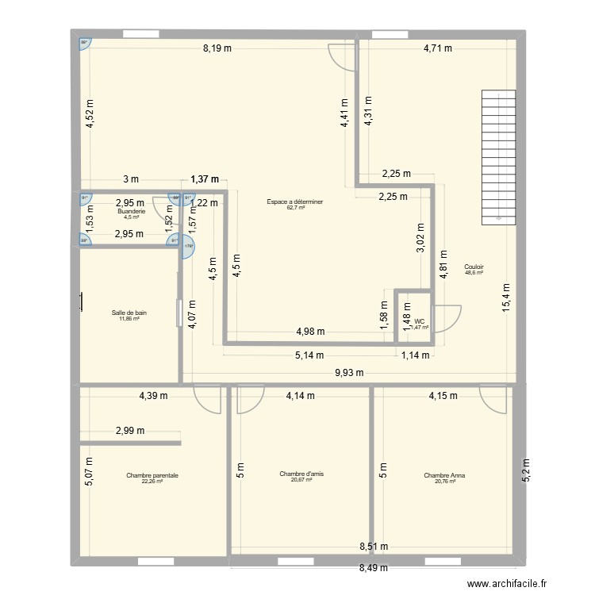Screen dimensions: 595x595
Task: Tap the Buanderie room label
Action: pyautogui.click(x=130, y=212)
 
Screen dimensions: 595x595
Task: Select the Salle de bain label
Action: pyautogui.click(x=129, y=313)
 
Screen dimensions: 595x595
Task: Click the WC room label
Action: pyautogui.click(x=419, y=321)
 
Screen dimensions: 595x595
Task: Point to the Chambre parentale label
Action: pyautogui.click(x=152, y=476)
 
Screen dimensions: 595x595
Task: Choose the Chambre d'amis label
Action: pyautogui.click(x=301, y=474)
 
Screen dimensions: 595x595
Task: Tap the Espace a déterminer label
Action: pyautogui.click(x=295, y=202)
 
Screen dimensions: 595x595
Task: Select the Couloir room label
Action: pyautogui.click(x=474, y=267)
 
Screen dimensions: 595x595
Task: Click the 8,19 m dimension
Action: pyautogui.click(x=217, y=48)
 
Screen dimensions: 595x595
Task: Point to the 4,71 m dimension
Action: pyautogui.click(x=436, y=48)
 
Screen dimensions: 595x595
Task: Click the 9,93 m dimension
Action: pyautogui.click(x=348, y=372)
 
